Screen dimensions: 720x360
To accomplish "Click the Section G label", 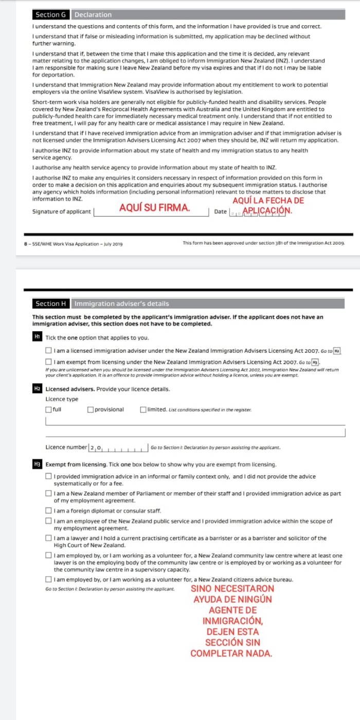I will [x=50, y=14].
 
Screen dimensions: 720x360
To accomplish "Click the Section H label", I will [x=51, y=303].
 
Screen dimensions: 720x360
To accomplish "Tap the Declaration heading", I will [x=93, y=14].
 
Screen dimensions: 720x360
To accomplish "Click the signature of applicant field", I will [x=152, y=211].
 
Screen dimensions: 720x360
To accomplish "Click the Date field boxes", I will [x=257, y=212].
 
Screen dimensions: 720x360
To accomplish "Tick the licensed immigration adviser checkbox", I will [x=48, y=351].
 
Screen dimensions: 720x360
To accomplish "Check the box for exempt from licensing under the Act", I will [x=48, y=362].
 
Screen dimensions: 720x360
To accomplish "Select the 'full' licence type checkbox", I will [x=48, y=409].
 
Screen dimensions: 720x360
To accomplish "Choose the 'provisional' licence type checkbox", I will [x=90, y=409].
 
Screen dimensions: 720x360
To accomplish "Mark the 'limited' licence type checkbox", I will [x=143, y=409].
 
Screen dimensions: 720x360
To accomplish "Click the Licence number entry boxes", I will [x=119, y=447].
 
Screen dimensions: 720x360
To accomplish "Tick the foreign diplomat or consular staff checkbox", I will [x=48, y=511].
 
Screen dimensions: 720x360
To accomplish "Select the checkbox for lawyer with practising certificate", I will [x=48, y=538].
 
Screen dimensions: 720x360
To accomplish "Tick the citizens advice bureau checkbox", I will [x=48, y=580].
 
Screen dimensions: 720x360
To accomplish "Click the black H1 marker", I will [x=37, y=337].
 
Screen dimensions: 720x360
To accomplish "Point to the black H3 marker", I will [x=37, y=464].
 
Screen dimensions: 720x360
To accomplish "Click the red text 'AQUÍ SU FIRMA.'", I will [x=154, y=208].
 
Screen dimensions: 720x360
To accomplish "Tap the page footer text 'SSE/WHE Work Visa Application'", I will [x=77, y=244].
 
